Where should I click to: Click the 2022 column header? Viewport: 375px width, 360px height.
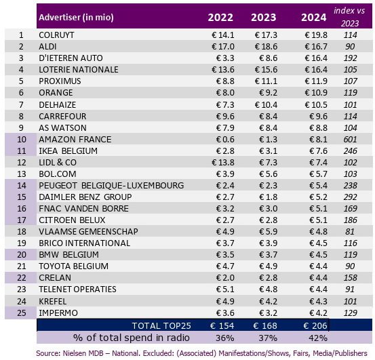(220, 18)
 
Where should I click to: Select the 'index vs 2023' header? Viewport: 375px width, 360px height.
(349, 17)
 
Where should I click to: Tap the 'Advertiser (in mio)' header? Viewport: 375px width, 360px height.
(76, 18)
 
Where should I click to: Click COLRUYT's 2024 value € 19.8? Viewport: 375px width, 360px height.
(316, 35)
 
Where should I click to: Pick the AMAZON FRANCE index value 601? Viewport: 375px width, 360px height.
(350, 140)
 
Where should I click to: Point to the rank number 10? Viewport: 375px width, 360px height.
(22, 140)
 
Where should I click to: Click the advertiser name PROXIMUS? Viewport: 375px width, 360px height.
(60, 81)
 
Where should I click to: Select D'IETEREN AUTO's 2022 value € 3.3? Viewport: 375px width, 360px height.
(225, 58)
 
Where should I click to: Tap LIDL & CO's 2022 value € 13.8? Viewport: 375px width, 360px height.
(223, 163)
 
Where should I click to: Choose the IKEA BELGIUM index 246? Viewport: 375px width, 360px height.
(350, 151)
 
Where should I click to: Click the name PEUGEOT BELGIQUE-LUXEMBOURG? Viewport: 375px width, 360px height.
(111, 186)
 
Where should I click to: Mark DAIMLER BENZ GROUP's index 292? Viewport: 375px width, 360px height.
(350, 197)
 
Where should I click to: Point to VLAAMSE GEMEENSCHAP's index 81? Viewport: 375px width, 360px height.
(350, 232)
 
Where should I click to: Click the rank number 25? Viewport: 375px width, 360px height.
(22, 313)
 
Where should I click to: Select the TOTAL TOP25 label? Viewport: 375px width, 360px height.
(161, 326)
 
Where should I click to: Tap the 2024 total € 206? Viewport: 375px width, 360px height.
(315, 326)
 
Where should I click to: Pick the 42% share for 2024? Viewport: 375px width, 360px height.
(317, 338)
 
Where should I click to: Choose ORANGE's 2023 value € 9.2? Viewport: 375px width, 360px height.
(268, 93)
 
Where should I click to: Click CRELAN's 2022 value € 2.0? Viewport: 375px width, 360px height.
(225, 278)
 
